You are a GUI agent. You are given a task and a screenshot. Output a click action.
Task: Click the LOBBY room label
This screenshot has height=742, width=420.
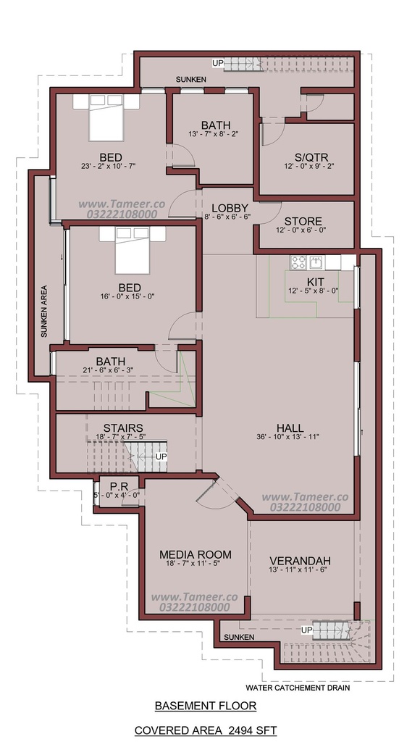pyautogui.click(x=230, y=208)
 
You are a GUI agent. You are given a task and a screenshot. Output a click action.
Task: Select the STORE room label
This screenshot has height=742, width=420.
pyautogui.click(x=303, y=222)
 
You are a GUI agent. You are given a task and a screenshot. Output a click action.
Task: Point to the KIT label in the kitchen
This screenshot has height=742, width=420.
pyautogui.click(x=315, y=283)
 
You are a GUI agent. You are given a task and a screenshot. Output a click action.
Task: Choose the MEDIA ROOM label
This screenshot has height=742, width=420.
pyautogui.click(x=196, y=554)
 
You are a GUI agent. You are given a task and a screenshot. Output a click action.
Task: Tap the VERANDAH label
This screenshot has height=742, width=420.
pyautogui.click(x=300, y=561)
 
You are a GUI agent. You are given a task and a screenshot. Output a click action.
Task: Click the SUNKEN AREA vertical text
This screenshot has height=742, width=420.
pyautogui.click(x=44, y=311)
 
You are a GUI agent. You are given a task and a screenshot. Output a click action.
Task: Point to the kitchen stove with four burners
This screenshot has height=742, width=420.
pyautogui.click(x=298, y=262)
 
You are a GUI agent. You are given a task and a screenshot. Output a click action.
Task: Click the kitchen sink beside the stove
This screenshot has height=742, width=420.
pyautogui.click(x=316, y=262)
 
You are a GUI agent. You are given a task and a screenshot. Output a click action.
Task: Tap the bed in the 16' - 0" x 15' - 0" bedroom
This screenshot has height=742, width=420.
pyautogui.click(x=133, y=250)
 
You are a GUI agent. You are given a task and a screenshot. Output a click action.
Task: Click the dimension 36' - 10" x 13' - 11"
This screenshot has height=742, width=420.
pyautogui.click(x=288, y=437)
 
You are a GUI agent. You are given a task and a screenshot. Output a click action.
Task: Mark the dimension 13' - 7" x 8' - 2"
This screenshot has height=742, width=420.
pyautogui.click(x=216, y=134)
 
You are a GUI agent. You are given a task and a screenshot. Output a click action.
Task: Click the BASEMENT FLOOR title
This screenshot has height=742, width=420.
pyautogui.click(x=206, y=706)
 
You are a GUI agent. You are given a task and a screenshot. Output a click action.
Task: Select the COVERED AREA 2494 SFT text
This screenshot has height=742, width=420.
pyautogui.click(x=206, y=730)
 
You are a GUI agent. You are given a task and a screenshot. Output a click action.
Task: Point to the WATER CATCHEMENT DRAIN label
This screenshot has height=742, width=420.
pyautogui.click(x=298, y=688)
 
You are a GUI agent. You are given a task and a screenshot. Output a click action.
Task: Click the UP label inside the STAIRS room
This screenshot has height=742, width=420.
pyautogui.click(x=161, y=457)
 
